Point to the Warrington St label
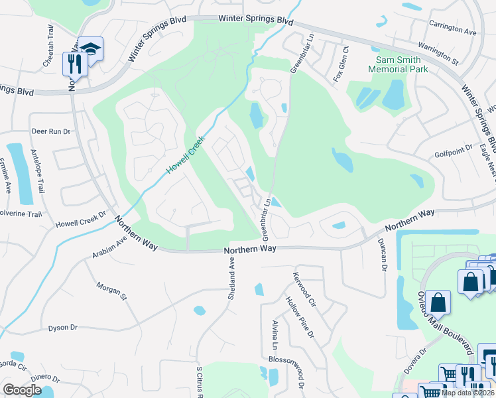pyautogui.click(x=438, y=53)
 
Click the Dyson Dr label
pyautogui.click(x=63, y=328)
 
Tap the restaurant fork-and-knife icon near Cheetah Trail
pyautogui.click(x=74, y=64)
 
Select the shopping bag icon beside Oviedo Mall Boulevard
pyautogui.click(x=438, y=302)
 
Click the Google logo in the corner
pyautogui.click(x=22, y=390)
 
